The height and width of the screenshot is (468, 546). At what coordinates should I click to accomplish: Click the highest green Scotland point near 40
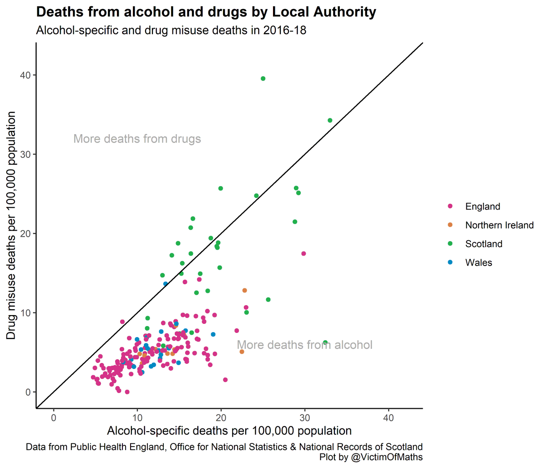click(263, 79)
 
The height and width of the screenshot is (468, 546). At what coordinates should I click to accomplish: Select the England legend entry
click(482, 206)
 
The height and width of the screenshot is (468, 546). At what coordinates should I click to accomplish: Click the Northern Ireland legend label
click(499, 225)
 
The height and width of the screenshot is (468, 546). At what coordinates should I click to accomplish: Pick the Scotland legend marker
click(450, 244)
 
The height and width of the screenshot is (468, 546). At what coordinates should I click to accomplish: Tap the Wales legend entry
click(478, 262)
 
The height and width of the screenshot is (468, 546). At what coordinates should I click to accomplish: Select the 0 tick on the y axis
click(28, 392)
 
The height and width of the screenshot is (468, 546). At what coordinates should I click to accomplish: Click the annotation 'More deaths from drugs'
click(137, 139)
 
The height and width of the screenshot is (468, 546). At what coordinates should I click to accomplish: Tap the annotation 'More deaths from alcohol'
click(304, 345)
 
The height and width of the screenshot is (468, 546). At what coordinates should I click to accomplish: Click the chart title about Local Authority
click(206, 12)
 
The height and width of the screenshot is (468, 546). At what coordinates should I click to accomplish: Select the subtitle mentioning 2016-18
click(171, 30)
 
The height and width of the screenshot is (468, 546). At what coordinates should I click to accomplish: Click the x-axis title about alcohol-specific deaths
click(229, 431)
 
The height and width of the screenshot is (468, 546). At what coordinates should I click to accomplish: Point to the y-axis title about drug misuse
click(11, 226)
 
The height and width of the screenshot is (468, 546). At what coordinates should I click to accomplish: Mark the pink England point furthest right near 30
click(303, 254)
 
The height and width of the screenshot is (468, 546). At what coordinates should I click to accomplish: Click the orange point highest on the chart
click(245, 290)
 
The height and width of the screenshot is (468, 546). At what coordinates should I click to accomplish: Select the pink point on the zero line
click(127, 392)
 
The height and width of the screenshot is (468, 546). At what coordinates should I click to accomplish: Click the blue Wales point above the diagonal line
click(166, 284)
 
